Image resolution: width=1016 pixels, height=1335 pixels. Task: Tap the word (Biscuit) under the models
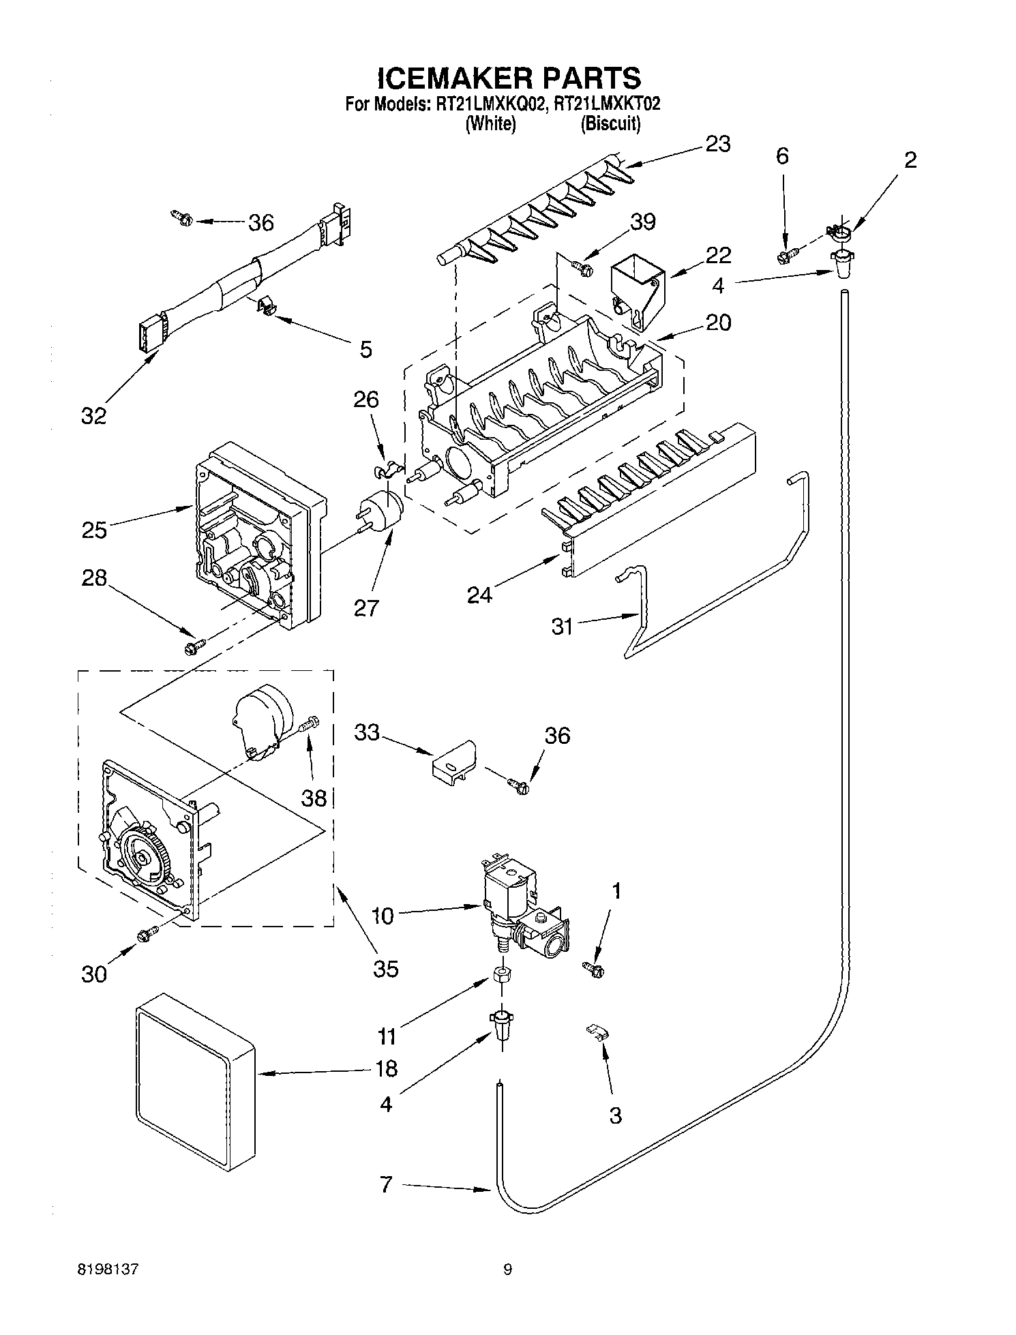pos(610,124)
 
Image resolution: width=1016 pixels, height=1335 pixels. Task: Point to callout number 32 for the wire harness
pos(94,415)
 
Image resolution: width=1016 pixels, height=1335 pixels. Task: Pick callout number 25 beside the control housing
pos(94,530)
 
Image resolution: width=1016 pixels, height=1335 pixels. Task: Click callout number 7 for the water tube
pos(386,1185)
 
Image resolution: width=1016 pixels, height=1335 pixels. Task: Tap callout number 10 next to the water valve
pos(383,916)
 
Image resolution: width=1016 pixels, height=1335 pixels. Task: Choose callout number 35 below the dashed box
pos(386,968)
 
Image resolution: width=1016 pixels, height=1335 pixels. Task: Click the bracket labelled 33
pos(452,760)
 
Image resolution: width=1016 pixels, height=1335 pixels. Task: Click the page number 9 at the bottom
pos(507,1270)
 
